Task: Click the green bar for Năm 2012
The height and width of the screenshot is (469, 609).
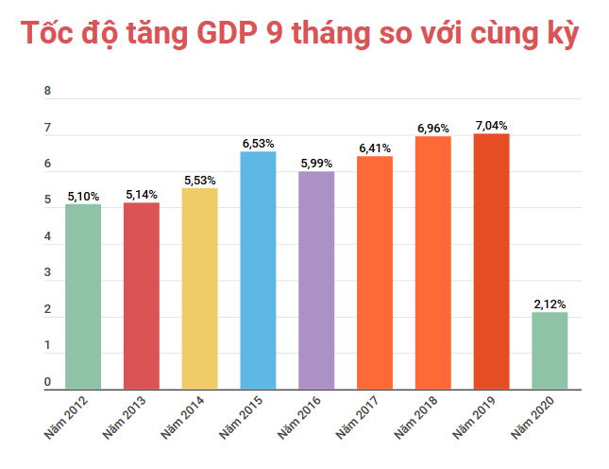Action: tap(83, 296)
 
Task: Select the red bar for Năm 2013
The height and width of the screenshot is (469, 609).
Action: tap(142, 295)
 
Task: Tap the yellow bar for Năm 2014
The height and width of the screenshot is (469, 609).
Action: tap(200, 288)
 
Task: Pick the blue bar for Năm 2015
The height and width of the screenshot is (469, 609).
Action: tap(258, 269)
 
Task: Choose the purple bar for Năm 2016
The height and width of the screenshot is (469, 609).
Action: tap(316, 280)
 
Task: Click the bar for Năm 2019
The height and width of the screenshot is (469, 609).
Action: tap(491, 261)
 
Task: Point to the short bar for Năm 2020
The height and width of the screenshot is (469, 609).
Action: tap(550, 350)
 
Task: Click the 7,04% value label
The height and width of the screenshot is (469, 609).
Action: tap(491, 125)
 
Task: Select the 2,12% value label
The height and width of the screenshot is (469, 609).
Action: tap(550, 304)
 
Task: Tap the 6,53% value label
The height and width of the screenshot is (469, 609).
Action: tap(258, 143)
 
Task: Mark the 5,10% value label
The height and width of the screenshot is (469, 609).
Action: tap(83, 196)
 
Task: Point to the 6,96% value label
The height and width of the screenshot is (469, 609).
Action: tap(432, 128)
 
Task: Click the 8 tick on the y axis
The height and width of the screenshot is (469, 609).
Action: tap(47, 92)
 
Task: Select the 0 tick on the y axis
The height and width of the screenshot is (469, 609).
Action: tap(47, 382)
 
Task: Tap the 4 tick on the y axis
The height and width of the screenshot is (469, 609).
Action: tap(47, 237)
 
